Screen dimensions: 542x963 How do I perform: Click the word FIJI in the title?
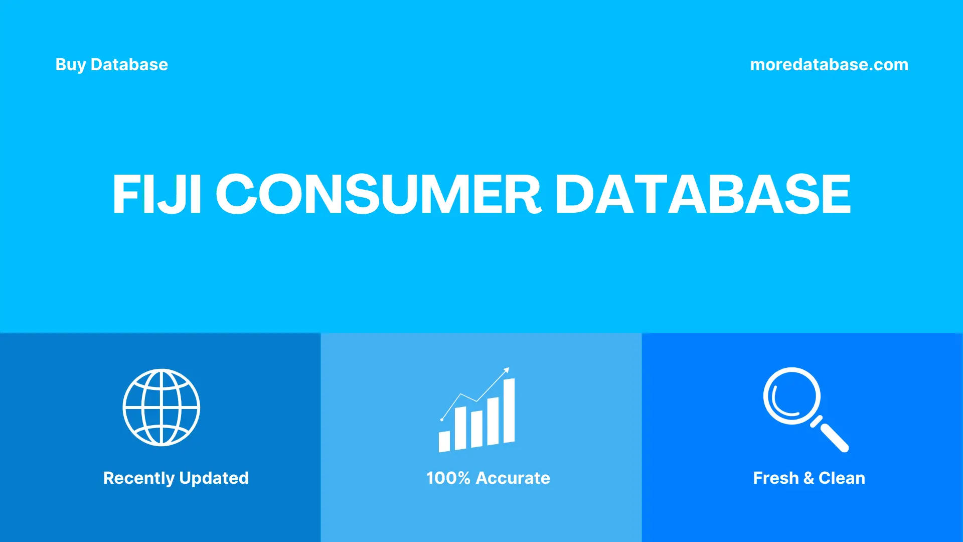(157, 194)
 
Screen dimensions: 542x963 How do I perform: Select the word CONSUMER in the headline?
(379, 194)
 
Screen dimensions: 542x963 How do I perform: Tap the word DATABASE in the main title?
(703, 194)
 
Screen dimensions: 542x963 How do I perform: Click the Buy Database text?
(111, 65)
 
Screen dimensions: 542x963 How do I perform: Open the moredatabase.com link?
(829, 65)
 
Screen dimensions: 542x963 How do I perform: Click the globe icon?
(162, 408)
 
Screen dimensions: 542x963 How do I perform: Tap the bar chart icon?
(476, 412)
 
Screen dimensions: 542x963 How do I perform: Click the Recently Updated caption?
(176, 478)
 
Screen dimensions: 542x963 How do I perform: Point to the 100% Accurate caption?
(488, 478)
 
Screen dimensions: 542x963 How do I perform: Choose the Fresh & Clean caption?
(809, 478)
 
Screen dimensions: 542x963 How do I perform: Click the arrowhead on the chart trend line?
(507, 370)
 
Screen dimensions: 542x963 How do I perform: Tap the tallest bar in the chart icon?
(509, 411)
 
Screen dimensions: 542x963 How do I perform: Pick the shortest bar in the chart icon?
(444, 441)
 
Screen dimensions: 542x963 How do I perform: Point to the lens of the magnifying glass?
(791, 396)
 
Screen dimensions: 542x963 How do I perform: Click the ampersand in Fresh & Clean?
(808, 478)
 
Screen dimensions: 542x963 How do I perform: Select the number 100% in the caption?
(448, 478)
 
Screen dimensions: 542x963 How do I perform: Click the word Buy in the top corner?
(70, 65)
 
